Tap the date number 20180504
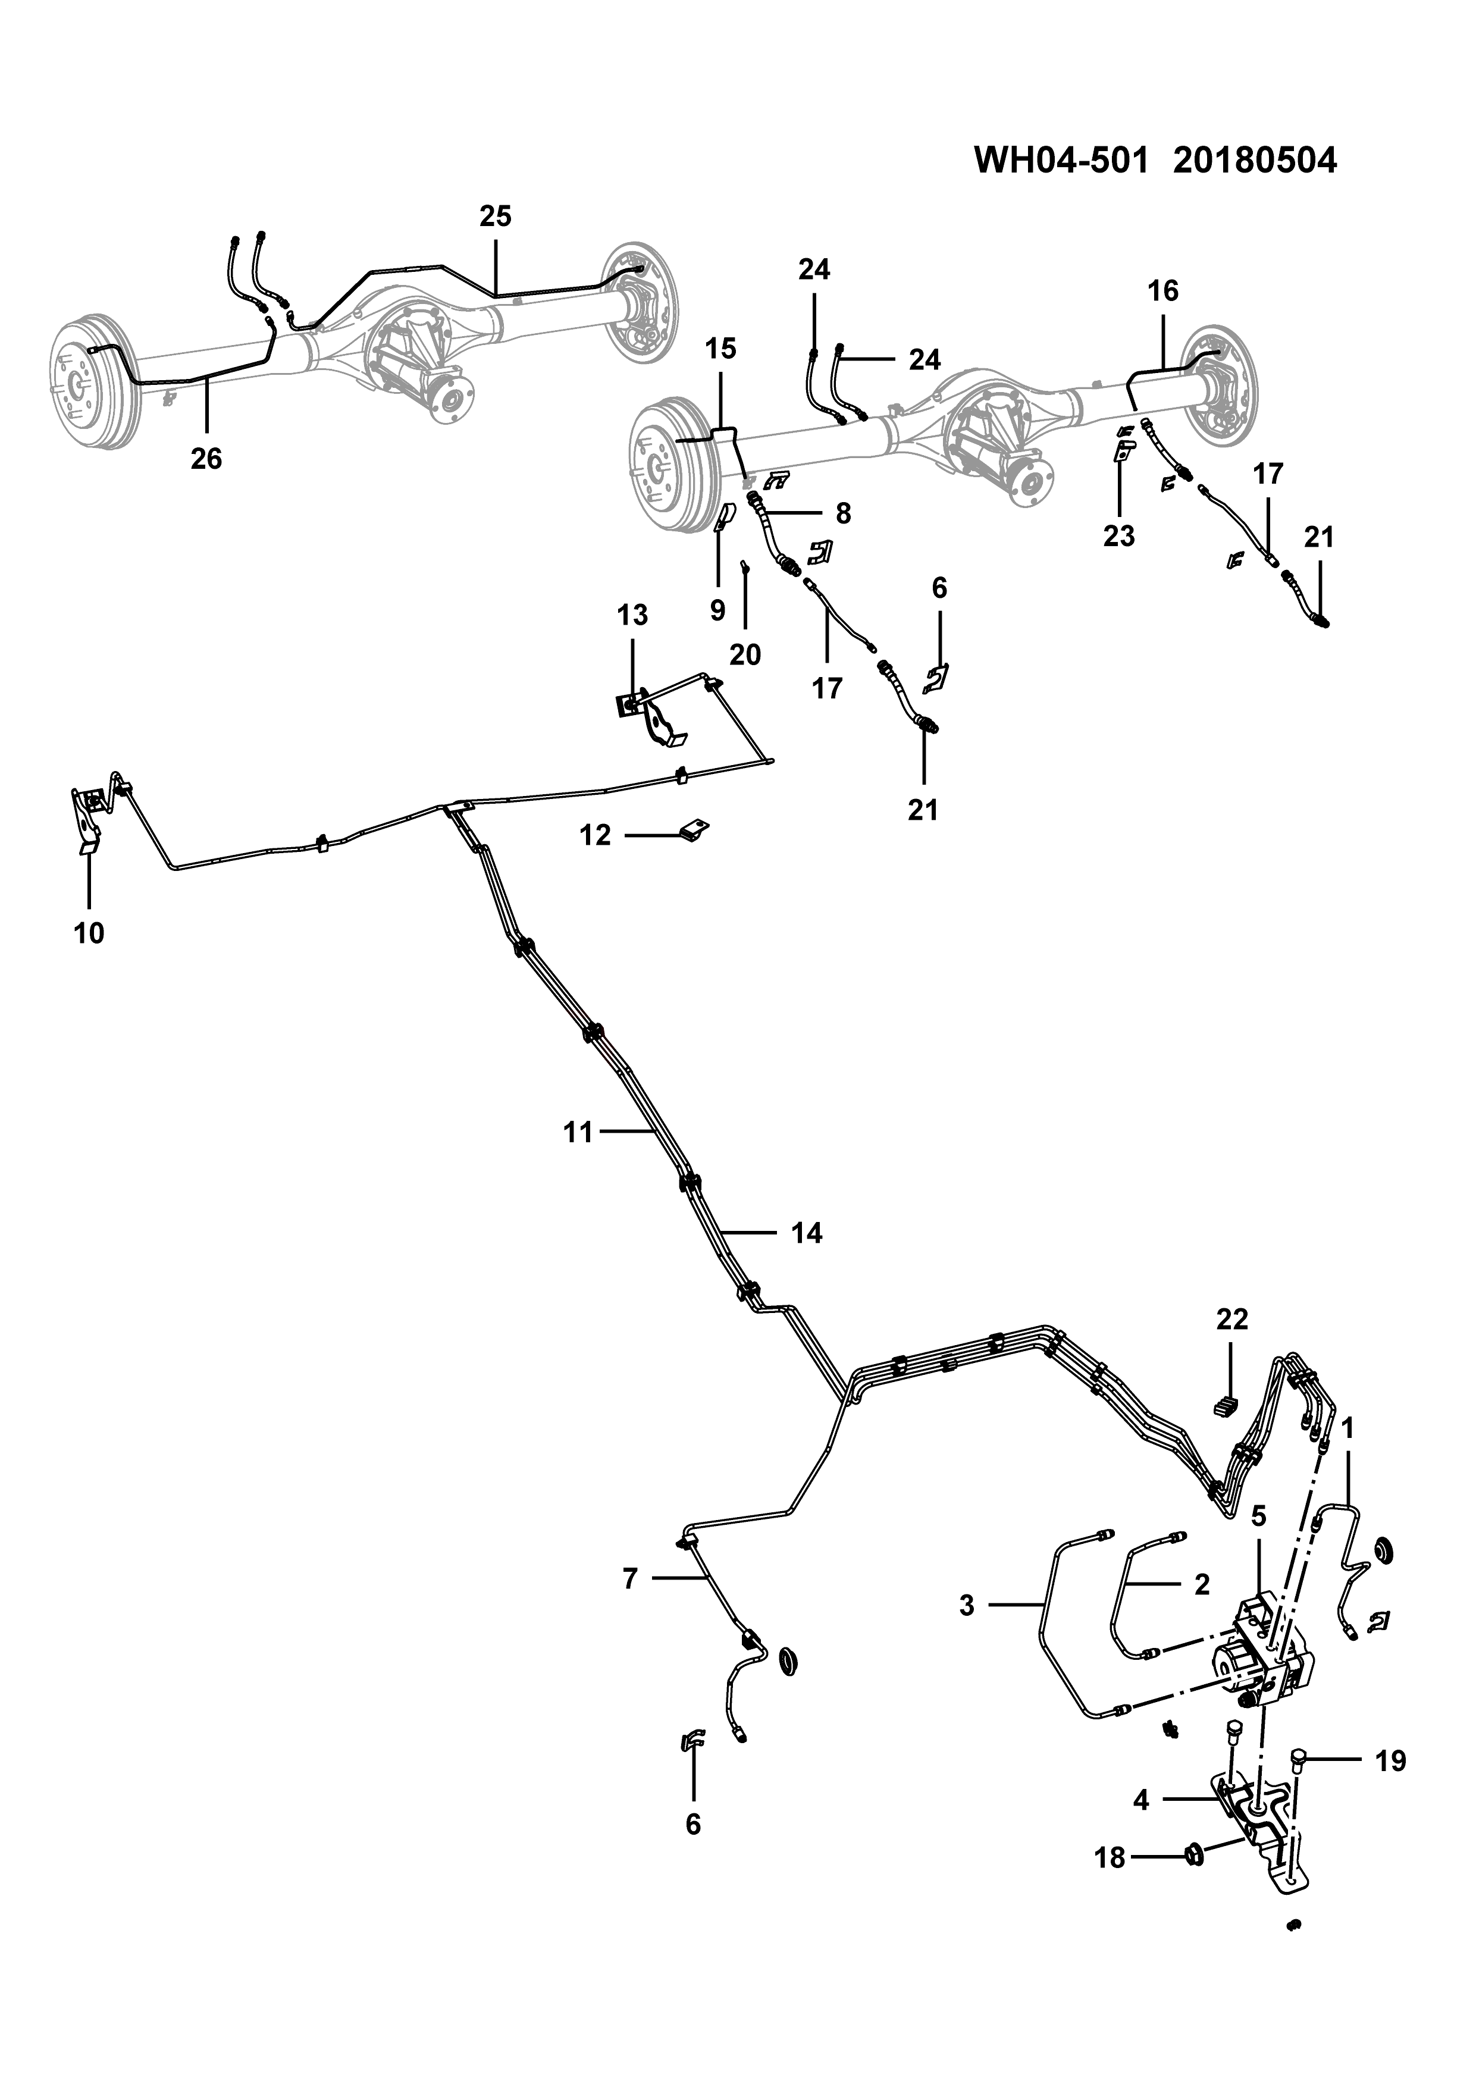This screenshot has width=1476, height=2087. (x=1255, y=161)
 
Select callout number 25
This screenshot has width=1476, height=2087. (x=496, y=217)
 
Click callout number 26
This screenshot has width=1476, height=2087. (x=206, y=459)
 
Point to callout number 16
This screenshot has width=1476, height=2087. (x=1162, y=291)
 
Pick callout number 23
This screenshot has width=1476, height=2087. (x=1119, y=536)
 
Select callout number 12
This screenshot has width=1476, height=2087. (x=596, y=835)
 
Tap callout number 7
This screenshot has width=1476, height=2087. (x=630, y=1579)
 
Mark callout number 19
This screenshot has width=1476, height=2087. (x=1390, y=1762)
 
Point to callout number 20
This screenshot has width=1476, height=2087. (x=745, y=654)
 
